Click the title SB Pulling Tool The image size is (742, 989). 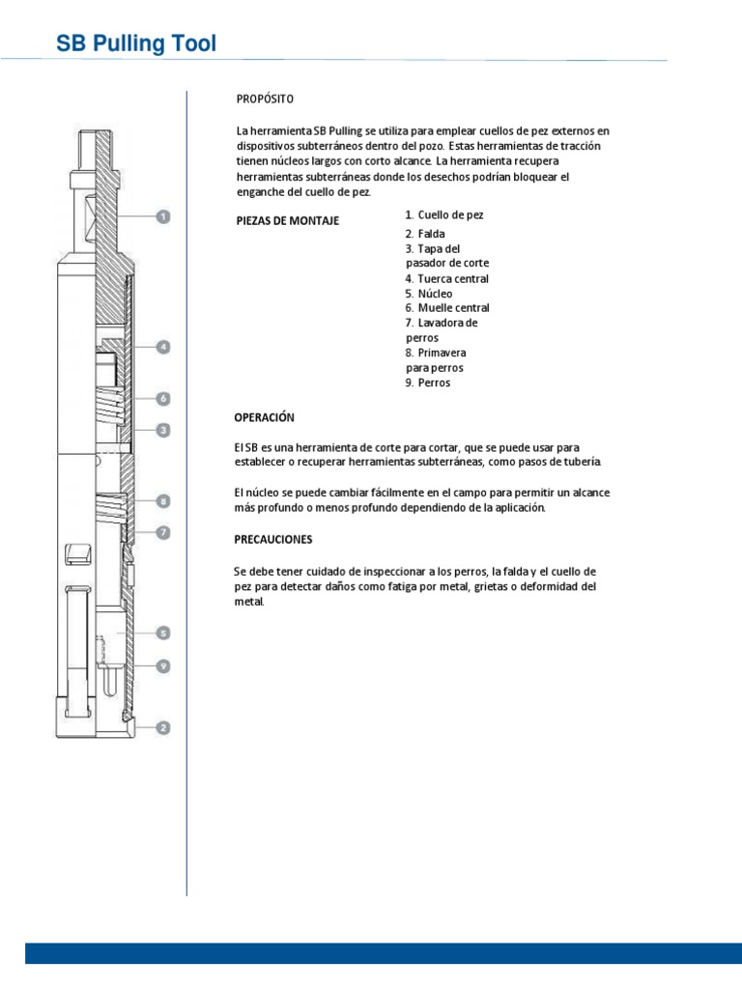pos(136,43)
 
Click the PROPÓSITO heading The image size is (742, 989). pos(265,99)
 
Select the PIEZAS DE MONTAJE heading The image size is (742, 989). pos(288,221)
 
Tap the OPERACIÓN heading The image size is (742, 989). pos(265,417)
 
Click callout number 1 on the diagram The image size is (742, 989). pos(163,217)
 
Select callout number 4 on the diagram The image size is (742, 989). pos(163,346)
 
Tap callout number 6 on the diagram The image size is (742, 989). pos(163,398)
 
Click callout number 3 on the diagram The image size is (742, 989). pos(163,429)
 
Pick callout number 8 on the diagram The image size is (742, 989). pos(163,501)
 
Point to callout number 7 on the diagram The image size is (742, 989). pos(163,531)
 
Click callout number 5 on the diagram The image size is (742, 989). pos(163,634)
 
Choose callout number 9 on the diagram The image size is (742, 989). pos(163,665)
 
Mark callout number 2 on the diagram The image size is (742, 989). pos(163,727)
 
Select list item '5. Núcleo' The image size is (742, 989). pos(429,294)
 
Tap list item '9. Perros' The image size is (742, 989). pos(428,382)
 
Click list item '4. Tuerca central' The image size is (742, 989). pos(447,279)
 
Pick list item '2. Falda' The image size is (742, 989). pos(425,235)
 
